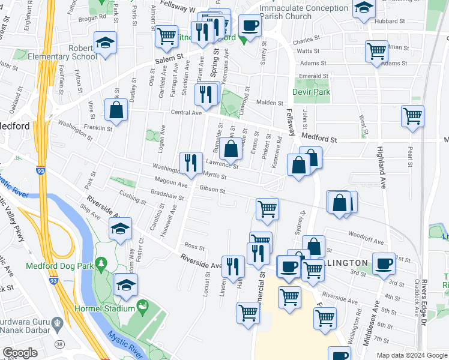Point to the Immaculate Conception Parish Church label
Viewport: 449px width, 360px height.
click(x=304, y=12)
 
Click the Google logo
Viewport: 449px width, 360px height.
click(x=20, y=353)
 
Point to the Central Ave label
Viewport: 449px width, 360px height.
click(x=185, y=113)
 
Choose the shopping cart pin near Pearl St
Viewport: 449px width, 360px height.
click(x=412, y=116)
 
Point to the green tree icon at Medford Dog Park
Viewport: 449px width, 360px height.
click(x=101, y=263)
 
